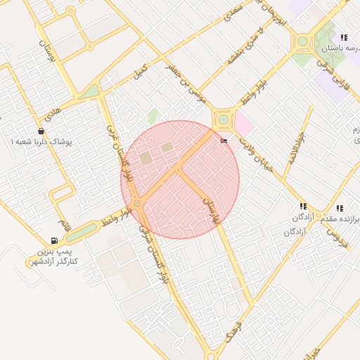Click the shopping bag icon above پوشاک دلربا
coord(41,130)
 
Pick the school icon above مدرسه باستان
coord(343,37)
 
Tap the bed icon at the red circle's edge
coord(224,141)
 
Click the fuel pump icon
coord(54,240)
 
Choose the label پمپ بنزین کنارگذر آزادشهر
coord(55,256)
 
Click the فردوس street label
coord(337,233)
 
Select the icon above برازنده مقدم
coord(340,208)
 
